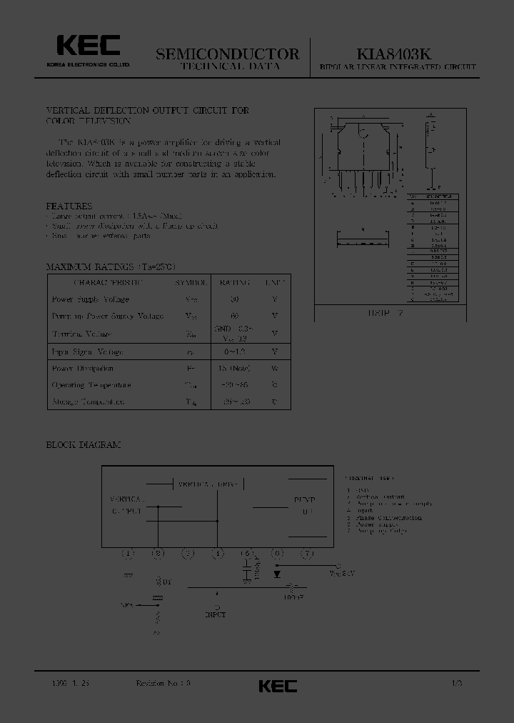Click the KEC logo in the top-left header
coord(89,48)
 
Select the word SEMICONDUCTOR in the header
coord(227,54)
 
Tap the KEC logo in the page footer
coord(278,685)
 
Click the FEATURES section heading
coord(69,206)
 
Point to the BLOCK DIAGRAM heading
coord(84,444)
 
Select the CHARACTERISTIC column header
coord(105,282)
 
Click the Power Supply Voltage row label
coord(91,299)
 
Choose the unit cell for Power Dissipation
coord(275,369)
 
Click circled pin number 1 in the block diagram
coord(128,553)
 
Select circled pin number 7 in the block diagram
coord(307,553)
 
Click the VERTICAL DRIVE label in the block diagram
coord(209,484)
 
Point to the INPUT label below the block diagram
coord(216,614)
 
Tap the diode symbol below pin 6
coord(277,573)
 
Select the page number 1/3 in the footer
coord(457,683)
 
